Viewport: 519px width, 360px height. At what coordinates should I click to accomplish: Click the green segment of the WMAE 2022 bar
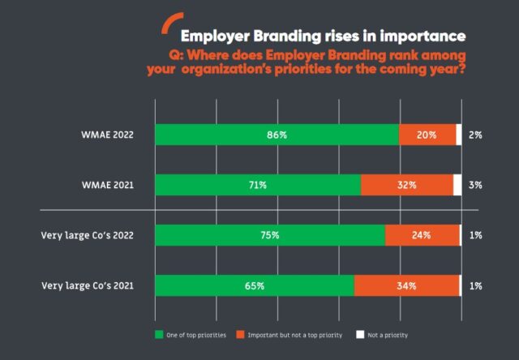click(x=277, y=135)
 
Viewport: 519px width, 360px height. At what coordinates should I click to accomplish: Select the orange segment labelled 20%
click(x=427, y=135)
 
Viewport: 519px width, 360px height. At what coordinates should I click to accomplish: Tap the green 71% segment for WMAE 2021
click(x=258, y=185)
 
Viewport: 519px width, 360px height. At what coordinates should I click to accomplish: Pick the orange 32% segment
click(x=407, y=185)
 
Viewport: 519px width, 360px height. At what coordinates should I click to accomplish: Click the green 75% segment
click(x=270, y=235)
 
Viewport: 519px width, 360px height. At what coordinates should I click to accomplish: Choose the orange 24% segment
click(x=422, y=235)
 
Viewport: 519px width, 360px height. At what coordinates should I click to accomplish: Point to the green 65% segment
click(x=255, y=285)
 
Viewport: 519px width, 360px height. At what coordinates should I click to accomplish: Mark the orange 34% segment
click(x=406, y=285)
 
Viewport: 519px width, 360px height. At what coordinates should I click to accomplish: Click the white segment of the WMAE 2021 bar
click(x=457, y=185)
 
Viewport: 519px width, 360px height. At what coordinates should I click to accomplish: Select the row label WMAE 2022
click(x=109, y=135)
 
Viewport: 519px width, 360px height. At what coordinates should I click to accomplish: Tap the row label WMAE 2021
click(x=109, y=185)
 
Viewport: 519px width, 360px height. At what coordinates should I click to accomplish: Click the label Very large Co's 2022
click(x=87, y=235)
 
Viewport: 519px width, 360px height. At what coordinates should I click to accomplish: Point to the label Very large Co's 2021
click(x=87, y=285)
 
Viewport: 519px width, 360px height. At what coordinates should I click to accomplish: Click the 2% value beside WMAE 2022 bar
click(x=476, y=135)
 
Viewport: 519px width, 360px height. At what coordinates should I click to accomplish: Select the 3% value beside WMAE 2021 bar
click(x=476, y=185)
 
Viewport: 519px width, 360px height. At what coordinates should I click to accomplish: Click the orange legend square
click(x=241, y=335)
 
